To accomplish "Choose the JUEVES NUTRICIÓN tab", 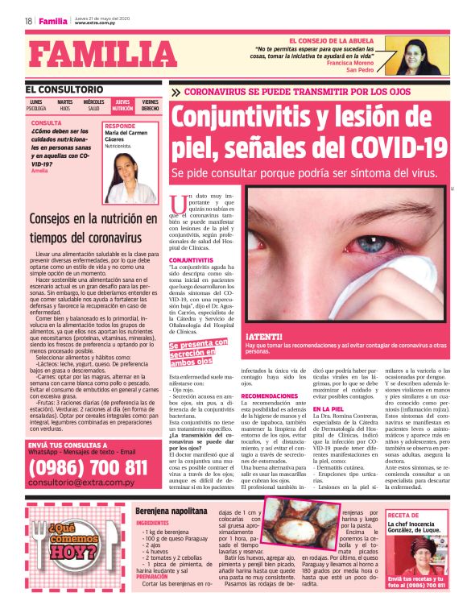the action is point(122,105).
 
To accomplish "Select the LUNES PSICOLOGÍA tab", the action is point(36,105).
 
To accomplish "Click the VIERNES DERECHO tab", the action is point(151,105).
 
